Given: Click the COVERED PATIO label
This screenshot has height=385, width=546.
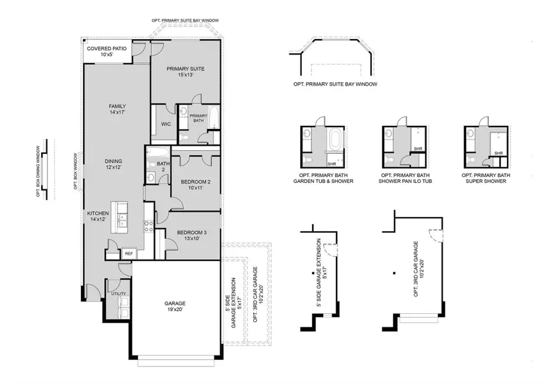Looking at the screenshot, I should pyautogui.click(x=107, y=51).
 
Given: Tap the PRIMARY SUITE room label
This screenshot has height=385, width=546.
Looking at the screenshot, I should pyautogui.click(x=185, y=71).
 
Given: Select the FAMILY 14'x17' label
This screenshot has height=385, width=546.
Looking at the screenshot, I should pyautogui.click(x=117, y=109).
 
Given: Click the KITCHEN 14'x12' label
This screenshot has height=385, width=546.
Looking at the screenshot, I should pyautogui.click(x=99, y=216).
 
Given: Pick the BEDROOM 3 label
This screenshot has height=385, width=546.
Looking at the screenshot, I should pyautogui.click(x=192, y=235).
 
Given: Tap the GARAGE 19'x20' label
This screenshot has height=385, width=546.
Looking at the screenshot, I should pyautogui.click(x=175, y=306).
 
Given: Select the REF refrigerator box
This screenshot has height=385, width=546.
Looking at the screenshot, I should pyautogui.click(x=128, y=254).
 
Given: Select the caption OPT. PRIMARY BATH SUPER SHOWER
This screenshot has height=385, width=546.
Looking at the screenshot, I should pyautogui.click(x=486, y=178).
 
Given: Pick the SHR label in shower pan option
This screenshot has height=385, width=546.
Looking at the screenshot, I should pyautogui.click(x=417, y=149).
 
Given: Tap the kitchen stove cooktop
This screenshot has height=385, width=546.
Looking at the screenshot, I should pyautogui.click(x=147, y=226).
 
